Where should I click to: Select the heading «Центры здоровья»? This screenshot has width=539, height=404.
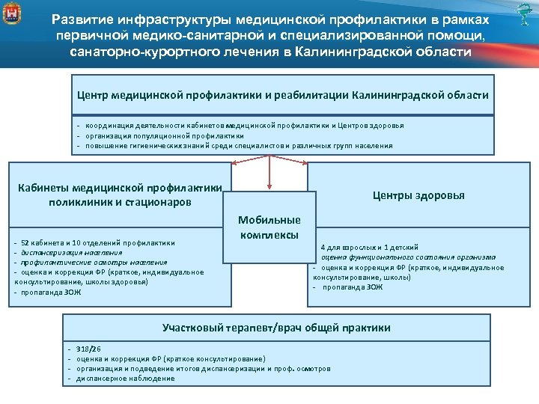point(418,195)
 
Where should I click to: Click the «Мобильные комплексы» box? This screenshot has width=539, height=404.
point(269,227)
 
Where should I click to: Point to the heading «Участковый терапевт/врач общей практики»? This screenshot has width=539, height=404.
point(276,328)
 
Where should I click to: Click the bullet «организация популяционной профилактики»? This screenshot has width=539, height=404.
point(165,135)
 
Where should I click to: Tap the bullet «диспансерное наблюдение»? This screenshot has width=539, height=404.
point(126,378)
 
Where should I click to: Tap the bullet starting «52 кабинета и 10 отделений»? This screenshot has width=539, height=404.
point(97,242)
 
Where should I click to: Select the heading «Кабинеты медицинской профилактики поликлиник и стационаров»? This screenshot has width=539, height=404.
point(120,195)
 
